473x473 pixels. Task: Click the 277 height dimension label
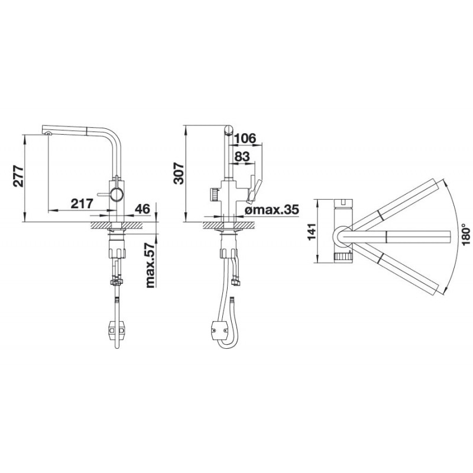(19, 176)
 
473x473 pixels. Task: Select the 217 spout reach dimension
(82, 203)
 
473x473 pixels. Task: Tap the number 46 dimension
(142, 209)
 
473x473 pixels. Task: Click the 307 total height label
(179, 173)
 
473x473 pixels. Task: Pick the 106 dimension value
(245, 138)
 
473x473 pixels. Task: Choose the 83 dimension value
(242, 157)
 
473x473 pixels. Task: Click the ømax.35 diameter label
(272, 209)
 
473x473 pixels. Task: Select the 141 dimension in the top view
(312, 231)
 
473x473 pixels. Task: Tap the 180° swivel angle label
(465, 234)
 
